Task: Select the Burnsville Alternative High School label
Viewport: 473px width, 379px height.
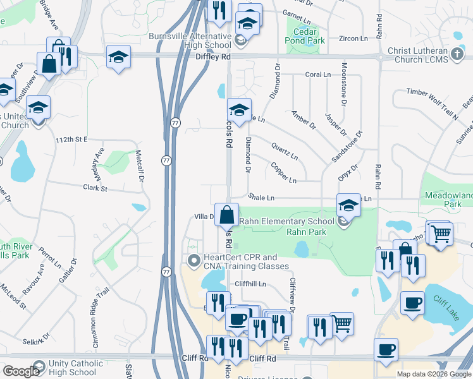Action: pyautogui.click(x=190, y=40)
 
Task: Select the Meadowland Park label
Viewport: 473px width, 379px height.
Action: pyautogui.click(x=450, y=200)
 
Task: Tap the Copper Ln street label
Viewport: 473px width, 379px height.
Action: pyautogui.click(x=283, y=173)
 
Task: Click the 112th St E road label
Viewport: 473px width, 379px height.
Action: pyautogui.click(x=79, y=139)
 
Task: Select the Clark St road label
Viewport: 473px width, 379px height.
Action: pyautogui.click(x=95, y=188)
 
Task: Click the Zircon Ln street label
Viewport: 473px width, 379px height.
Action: pyautogui.click(x=353, y=39)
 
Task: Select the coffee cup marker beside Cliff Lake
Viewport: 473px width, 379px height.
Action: pyautogui.click(x=413, y=304)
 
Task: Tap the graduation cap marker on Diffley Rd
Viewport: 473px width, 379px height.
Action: pyautogui.click(x=118, y=57)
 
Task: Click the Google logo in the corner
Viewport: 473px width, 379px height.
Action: pyautogui.click(x=20, y=371)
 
